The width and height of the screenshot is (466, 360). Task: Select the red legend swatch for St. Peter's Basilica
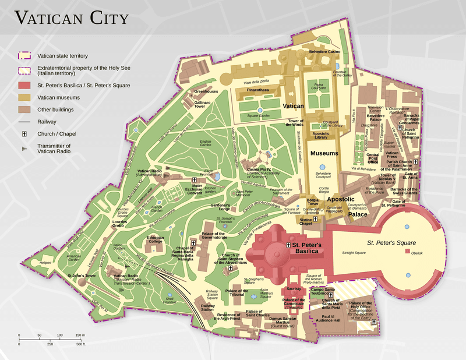[x=24, y=85]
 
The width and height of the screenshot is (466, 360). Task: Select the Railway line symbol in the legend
[x=24, y=122]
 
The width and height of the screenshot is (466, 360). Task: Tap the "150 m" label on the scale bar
[x=80, y=336]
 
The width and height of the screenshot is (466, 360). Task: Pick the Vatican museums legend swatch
[x=24, y=97]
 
